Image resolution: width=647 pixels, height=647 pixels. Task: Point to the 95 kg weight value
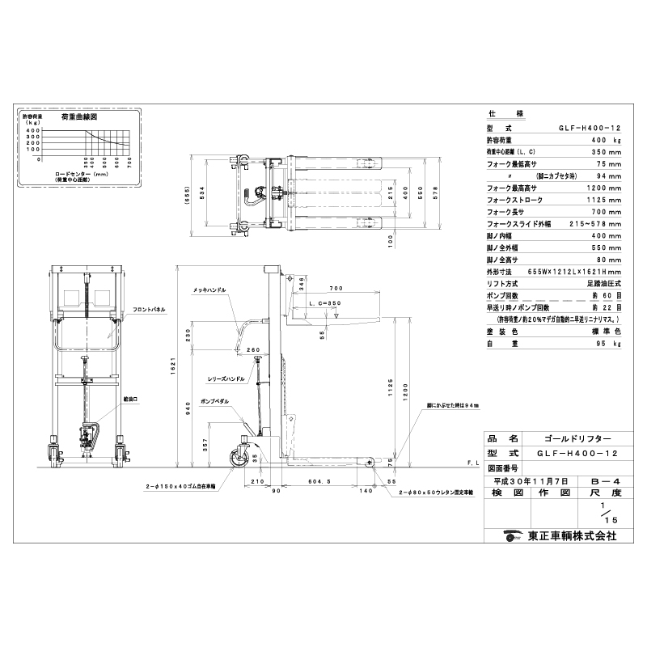[x=610, y=344]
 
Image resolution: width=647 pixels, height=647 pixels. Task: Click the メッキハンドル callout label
[x=209, y=289]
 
